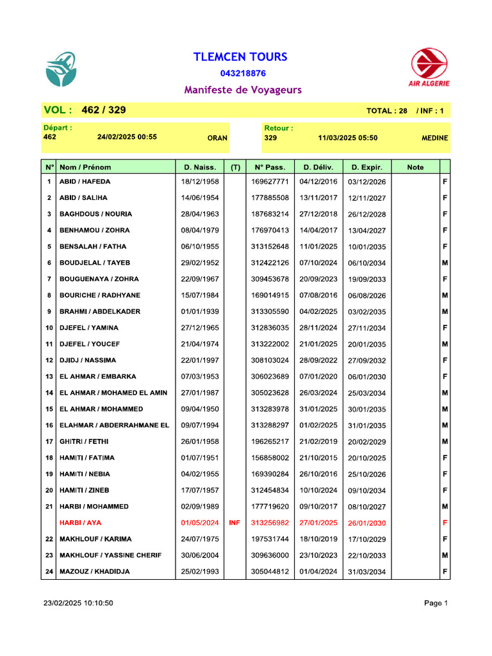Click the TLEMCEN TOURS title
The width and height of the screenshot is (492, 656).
[240, 57]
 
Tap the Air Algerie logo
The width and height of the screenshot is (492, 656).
[429, 68]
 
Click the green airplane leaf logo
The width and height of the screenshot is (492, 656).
[61, 69]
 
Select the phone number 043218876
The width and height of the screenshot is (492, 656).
[243, 74]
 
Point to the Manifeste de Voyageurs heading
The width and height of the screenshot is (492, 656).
[243, 90]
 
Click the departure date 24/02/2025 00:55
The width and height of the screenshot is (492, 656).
[127, 137]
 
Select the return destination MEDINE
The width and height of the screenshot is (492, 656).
[434, 138]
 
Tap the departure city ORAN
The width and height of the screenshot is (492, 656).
[217, 138]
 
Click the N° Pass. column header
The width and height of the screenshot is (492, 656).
[270, 167]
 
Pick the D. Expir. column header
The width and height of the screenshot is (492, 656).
[366, 167]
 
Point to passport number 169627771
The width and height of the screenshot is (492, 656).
[270, 182]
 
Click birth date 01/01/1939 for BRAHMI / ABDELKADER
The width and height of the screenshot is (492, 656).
[200, 312]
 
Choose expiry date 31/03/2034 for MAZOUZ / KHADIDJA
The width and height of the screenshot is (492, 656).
[366, 572]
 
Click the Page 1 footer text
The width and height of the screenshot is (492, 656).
[436, 603]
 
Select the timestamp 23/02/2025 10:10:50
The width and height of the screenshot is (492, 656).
[78, 603]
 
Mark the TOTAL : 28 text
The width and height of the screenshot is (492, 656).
[386, 111]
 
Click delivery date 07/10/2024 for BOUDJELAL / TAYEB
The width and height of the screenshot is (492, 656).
[318, 263]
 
